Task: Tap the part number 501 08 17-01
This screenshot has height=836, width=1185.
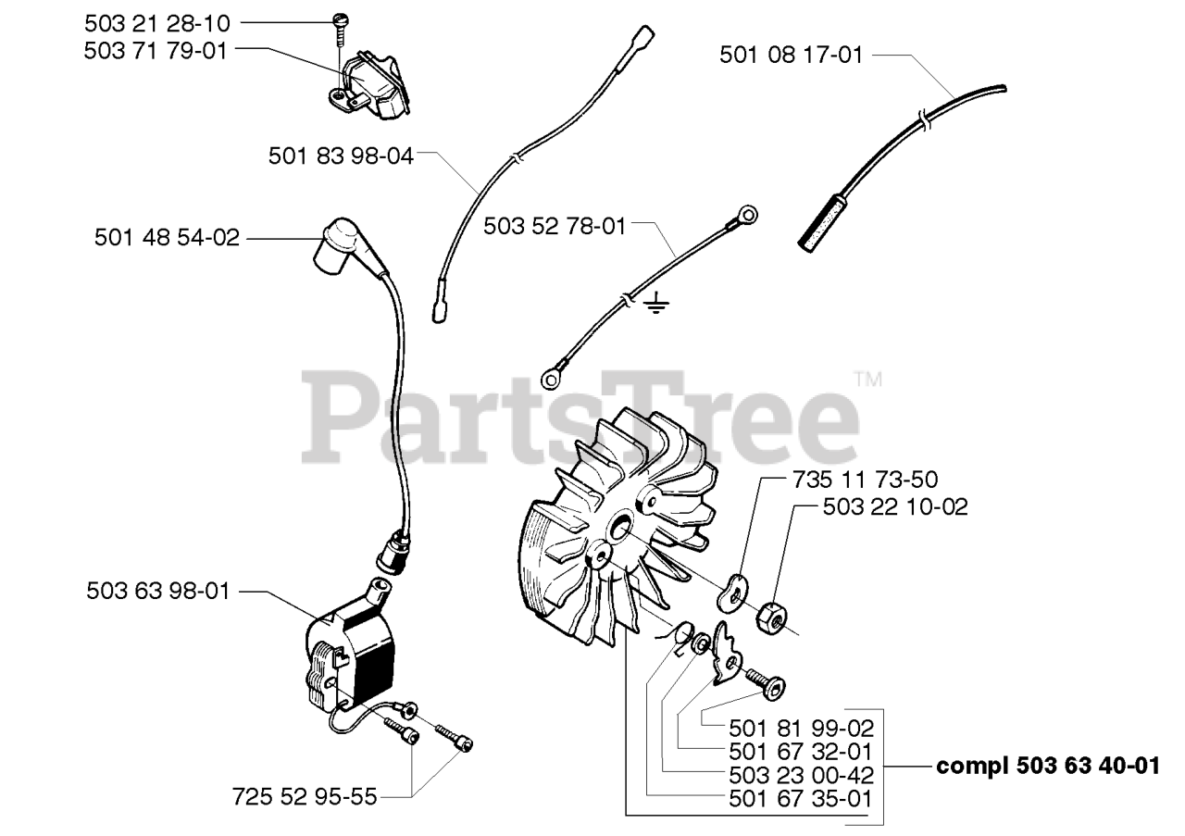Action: (x=791, y=56)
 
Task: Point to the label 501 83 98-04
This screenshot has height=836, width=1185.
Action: (x=341, y=156)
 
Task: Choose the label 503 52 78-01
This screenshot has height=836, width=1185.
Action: (x=555, y=225)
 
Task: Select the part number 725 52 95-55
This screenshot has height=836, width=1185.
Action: (x=305, y=796)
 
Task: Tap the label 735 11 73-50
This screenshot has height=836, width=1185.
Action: (x=865, y=480)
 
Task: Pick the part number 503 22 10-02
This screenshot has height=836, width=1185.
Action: (x=895, y=507)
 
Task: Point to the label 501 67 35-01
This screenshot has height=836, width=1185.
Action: (x=802, y=796)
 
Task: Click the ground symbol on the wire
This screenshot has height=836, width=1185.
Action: (x=655, y=303)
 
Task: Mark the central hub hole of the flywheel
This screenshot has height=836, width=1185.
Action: (x=618, y=528)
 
